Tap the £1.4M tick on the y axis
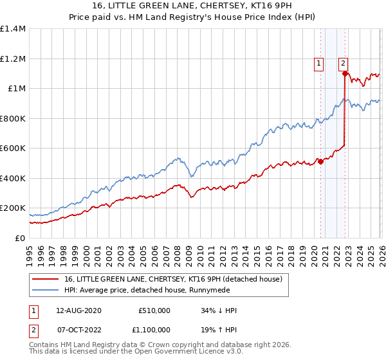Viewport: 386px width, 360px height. coord(13,29)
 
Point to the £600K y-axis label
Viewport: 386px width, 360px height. coord(13,148)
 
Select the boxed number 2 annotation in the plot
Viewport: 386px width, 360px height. coord(344,63)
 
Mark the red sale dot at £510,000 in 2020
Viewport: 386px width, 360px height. coord(320,162)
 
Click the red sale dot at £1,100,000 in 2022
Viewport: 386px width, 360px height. coord(345,74)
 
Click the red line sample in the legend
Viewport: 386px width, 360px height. coord(46,279)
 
